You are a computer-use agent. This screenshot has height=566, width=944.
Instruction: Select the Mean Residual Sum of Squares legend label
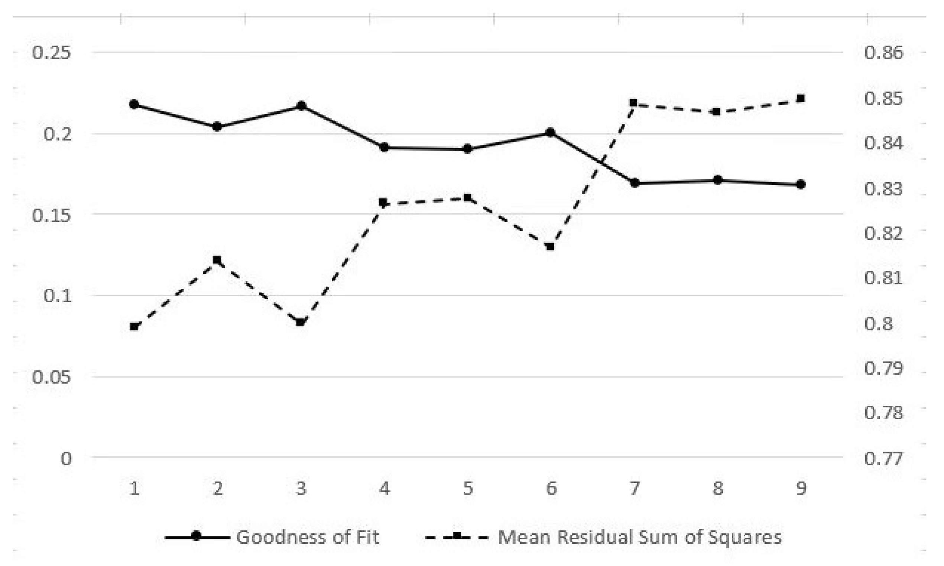click(x=640, y=537)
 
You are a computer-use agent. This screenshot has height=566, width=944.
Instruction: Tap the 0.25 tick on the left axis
click(x=51, y=52)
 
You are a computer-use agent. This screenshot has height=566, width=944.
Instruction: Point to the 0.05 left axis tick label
click(x=51, y=377)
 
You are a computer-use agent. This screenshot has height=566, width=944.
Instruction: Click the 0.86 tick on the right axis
click(x=883, y=52)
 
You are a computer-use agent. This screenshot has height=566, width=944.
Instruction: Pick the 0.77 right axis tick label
click(x=883, y=458)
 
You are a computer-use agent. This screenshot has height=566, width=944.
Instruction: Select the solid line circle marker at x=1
click(x=134, y=104)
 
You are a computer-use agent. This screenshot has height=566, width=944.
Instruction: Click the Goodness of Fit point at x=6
click(x=550, y=132)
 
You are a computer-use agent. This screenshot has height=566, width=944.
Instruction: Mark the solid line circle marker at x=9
click(x=801, y=184)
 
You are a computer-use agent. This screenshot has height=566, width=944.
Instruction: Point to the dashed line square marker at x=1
click(x=134, y=326)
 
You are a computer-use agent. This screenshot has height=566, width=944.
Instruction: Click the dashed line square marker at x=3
click(x=301, y=322)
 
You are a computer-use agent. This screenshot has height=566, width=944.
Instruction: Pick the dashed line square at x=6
click(x=550, y=246)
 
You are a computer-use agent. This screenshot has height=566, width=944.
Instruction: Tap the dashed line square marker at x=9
click(x=801, y=99)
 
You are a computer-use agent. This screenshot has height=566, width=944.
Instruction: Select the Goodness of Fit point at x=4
click(x=384, y=147)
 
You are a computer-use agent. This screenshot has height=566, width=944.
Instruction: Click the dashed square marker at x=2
click(x=217, y=260)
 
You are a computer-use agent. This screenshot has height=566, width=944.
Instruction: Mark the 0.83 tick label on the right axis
click(x=883, y=189)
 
